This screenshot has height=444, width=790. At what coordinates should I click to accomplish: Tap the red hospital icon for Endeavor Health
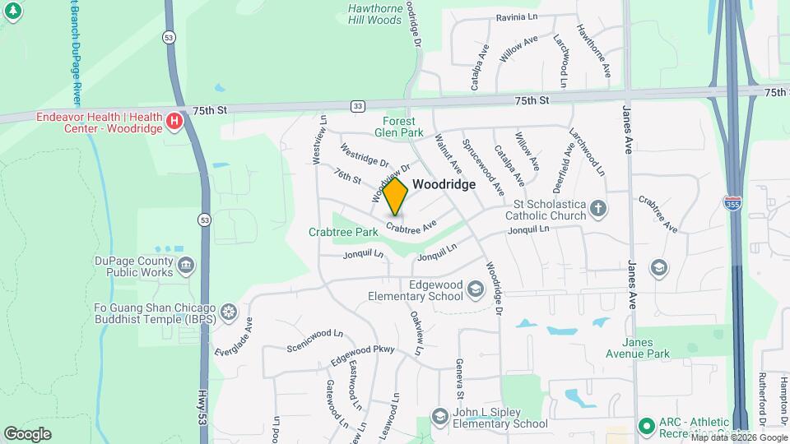(x=174, y=123)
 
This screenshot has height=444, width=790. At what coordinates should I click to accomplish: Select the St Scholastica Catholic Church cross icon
(x=600, y=210)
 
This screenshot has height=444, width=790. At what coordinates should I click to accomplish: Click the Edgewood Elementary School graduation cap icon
(x=475, y=289)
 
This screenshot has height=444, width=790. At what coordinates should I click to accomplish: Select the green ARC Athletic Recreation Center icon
(x=646, y=426)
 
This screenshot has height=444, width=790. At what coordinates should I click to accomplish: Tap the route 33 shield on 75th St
(x=357, y=106)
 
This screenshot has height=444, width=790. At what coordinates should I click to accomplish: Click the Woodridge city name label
(x=444, y=185)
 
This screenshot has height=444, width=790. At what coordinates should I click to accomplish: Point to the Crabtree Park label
(x=343, y=232)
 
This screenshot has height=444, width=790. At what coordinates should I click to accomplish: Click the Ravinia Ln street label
(x=516, y=17)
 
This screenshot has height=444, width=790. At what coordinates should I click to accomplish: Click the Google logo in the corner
(x=27, y=433)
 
